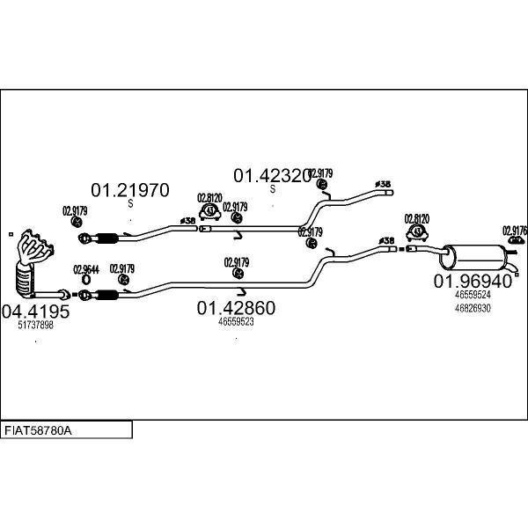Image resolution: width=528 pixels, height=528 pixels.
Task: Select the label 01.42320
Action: point(271,176)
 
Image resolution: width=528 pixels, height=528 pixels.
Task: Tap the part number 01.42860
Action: point(236,308)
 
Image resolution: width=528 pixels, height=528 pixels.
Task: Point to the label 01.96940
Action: point(472,282)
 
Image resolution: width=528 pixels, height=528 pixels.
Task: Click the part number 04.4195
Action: point(35,311)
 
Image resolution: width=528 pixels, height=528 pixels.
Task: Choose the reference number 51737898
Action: point(36,325)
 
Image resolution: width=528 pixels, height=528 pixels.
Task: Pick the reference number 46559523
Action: point(236,322)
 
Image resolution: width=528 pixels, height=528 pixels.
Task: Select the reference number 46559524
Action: point(473,296)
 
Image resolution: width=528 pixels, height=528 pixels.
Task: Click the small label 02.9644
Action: point(85,269)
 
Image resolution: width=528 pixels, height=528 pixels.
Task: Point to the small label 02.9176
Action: point(514,231)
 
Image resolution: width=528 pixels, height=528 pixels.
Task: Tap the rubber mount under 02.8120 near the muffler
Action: point(416,232)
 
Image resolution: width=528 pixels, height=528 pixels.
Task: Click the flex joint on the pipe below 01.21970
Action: point(106,237)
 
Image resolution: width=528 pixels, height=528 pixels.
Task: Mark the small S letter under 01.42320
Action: point(272,189)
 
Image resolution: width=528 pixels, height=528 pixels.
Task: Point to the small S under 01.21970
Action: point(130,203)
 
